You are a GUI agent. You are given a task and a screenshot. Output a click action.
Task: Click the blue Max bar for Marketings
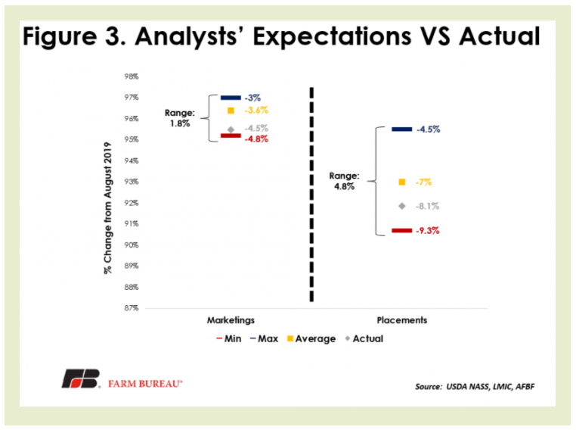[231, 98]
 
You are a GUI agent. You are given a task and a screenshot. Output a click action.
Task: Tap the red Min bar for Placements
[402, 231]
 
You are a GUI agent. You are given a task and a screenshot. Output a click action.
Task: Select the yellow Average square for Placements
[402, 182]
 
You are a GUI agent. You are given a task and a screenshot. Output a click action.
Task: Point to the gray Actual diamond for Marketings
[231, 129]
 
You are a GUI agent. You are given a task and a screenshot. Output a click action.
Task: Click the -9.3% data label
[428, 231]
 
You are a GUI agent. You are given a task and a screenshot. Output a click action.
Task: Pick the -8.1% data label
[427, 206]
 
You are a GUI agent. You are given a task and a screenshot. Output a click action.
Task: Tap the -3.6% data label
[256, 110]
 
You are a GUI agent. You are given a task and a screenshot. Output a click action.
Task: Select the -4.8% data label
[256, 139]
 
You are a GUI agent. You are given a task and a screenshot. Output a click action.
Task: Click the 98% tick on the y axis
[132, 76]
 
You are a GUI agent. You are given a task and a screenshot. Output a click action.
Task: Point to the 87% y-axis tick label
[132, 308]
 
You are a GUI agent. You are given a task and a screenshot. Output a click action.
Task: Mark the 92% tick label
[132, 203]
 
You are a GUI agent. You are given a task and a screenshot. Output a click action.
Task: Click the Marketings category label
[231, 320]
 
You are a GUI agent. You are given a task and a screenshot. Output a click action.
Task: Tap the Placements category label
[402, 320]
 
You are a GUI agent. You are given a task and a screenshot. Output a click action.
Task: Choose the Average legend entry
[311, 338]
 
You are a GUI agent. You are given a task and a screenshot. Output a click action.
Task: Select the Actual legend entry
[364, 338]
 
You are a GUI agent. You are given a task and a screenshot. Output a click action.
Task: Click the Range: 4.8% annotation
[344, 181]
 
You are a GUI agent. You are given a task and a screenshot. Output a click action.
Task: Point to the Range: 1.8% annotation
[180, 118]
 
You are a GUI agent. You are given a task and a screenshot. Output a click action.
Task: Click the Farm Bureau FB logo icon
[81, 379]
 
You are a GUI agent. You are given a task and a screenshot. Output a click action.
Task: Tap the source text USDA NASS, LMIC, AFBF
[490, 387]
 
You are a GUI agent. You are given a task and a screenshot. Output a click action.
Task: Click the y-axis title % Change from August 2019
[107, 208]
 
